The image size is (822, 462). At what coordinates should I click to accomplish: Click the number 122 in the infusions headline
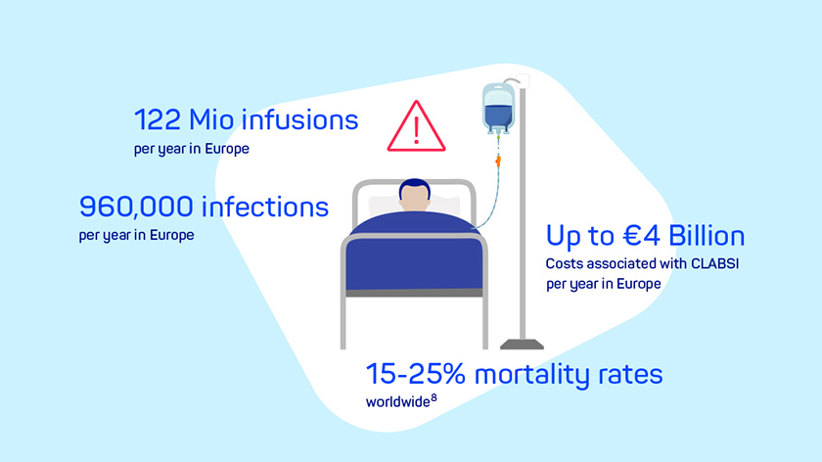tap(157, 119)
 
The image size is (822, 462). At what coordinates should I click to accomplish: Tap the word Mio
tap(210, 119)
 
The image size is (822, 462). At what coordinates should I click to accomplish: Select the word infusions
tap(300, 119)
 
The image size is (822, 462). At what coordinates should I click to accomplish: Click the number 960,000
tap(136, 207)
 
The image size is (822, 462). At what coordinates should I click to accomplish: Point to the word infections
tap(265, 207)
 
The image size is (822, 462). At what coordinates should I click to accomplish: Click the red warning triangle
tap(416, 126)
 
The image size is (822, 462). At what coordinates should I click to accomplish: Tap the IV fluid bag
tap(498, 108)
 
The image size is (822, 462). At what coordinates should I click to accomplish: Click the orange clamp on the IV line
tap(498, 161)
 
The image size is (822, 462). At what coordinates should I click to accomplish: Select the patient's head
tap(415, 195)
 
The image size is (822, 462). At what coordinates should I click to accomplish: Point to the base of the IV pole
tap(522, 344)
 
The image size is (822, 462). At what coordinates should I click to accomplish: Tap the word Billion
tap(707, 236)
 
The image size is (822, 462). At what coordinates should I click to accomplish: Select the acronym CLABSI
tap(714, 263)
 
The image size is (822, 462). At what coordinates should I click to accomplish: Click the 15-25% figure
tap(415, 374)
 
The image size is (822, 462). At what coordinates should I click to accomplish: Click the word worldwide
tap(398, 402)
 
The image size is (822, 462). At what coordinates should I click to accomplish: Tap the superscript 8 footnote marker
tap(434, 398)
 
